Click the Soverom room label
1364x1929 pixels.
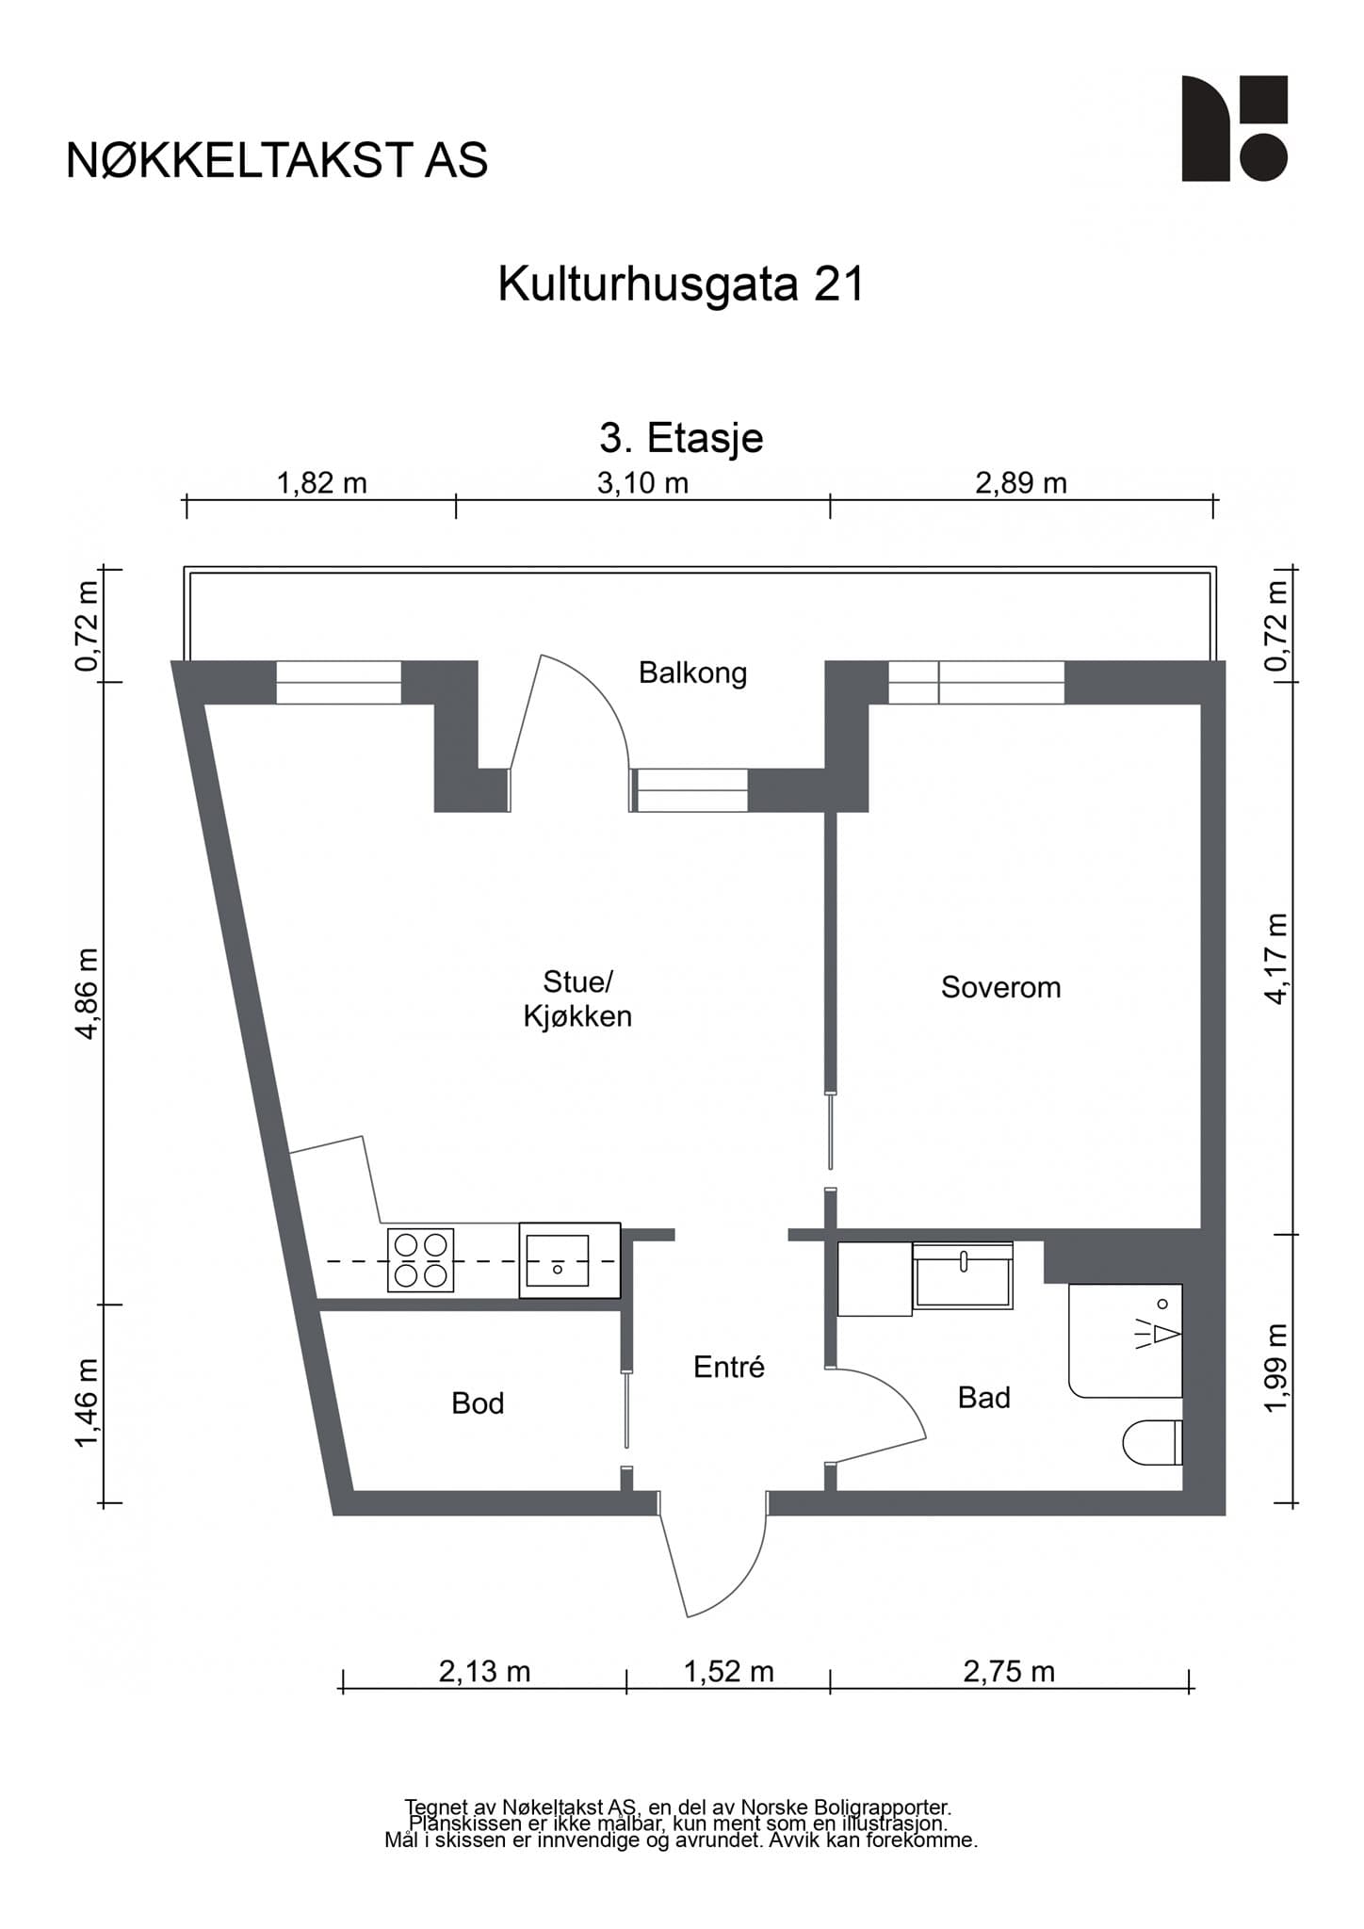[1000, 987]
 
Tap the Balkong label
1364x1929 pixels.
[692, 673]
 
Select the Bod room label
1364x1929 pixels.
[478, 1403]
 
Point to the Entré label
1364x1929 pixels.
[729, 1367]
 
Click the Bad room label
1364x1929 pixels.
[984, 1398]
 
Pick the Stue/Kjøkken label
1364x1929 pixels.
[577, 999]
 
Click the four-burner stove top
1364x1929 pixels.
[420, 1260]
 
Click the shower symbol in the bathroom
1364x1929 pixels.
[1126, 1340]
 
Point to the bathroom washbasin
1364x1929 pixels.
[963, 1275]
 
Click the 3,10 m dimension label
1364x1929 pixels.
[643, 483]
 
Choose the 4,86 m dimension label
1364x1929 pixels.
[88, 993]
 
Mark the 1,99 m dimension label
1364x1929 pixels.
[1275, 1369]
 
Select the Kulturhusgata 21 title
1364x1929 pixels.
[681, 284]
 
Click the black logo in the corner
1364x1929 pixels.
[1235, 128]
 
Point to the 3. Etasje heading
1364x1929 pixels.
[681, 438]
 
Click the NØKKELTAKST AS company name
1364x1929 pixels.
[277, 161]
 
